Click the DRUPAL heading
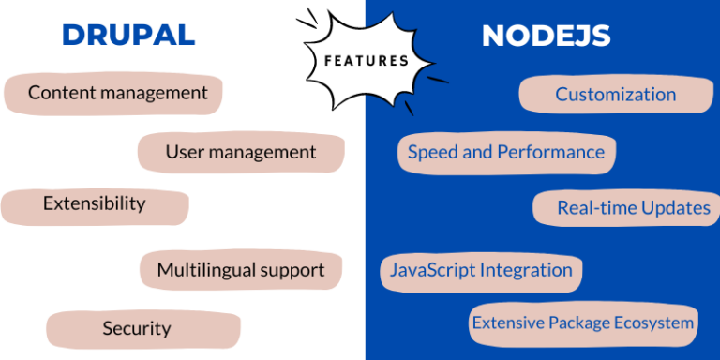click(128, 36)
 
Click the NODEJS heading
click(546, 36)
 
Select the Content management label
click(117, 93)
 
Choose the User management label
click(241, 152)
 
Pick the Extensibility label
click(94, 203)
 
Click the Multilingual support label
click(241, 270)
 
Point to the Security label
click(137, 328)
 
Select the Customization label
click(615, 94)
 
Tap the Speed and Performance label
click(506, 152)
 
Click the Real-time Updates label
click(634, 208)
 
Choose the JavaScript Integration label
click(481, 270)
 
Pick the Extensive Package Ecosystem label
click(583, 322)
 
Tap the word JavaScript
click(432, 270)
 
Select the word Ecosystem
click(652, 322)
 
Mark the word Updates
click(675, 208)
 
